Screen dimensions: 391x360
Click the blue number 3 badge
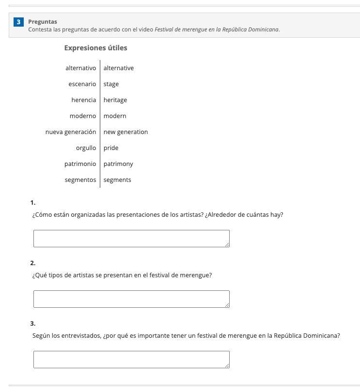click(x=18, y=22)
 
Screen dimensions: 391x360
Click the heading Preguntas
click(x=43, y=22)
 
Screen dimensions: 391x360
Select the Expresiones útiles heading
click(x=95, y=48)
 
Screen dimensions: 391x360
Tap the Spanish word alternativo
click(x=80, y=68)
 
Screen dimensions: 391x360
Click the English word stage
click(x=111, y=84)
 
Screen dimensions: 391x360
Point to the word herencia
click(x=83, y=100)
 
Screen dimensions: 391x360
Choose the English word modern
click(x=115, y=116)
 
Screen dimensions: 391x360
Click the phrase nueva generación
click(x=71, y=132)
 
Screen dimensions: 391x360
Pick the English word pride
click(x=111, y=148)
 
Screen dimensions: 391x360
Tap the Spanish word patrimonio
click(x=80, y=164)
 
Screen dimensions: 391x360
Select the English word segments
click(x=117, y=180)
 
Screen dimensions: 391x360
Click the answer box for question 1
click(x=131, y=238)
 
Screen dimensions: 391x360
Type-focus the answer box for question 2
click(x=131, y=299)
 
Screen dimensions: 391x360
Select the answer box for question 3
click(x=131, y=359)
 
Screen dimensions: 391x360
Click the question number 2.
click(x=32, y=263)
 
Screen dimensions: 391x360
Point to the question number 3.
click(x=32, y=324)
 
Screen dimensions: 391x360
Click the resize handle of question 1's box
click(x=227, y=244)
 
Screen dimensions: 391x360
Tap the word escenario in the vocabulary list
click(x=82, y=84)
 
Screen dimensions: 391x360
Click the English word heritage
click(x=115, y=100)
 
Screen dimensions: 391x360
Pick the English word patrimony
click(x=118, y=164)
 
